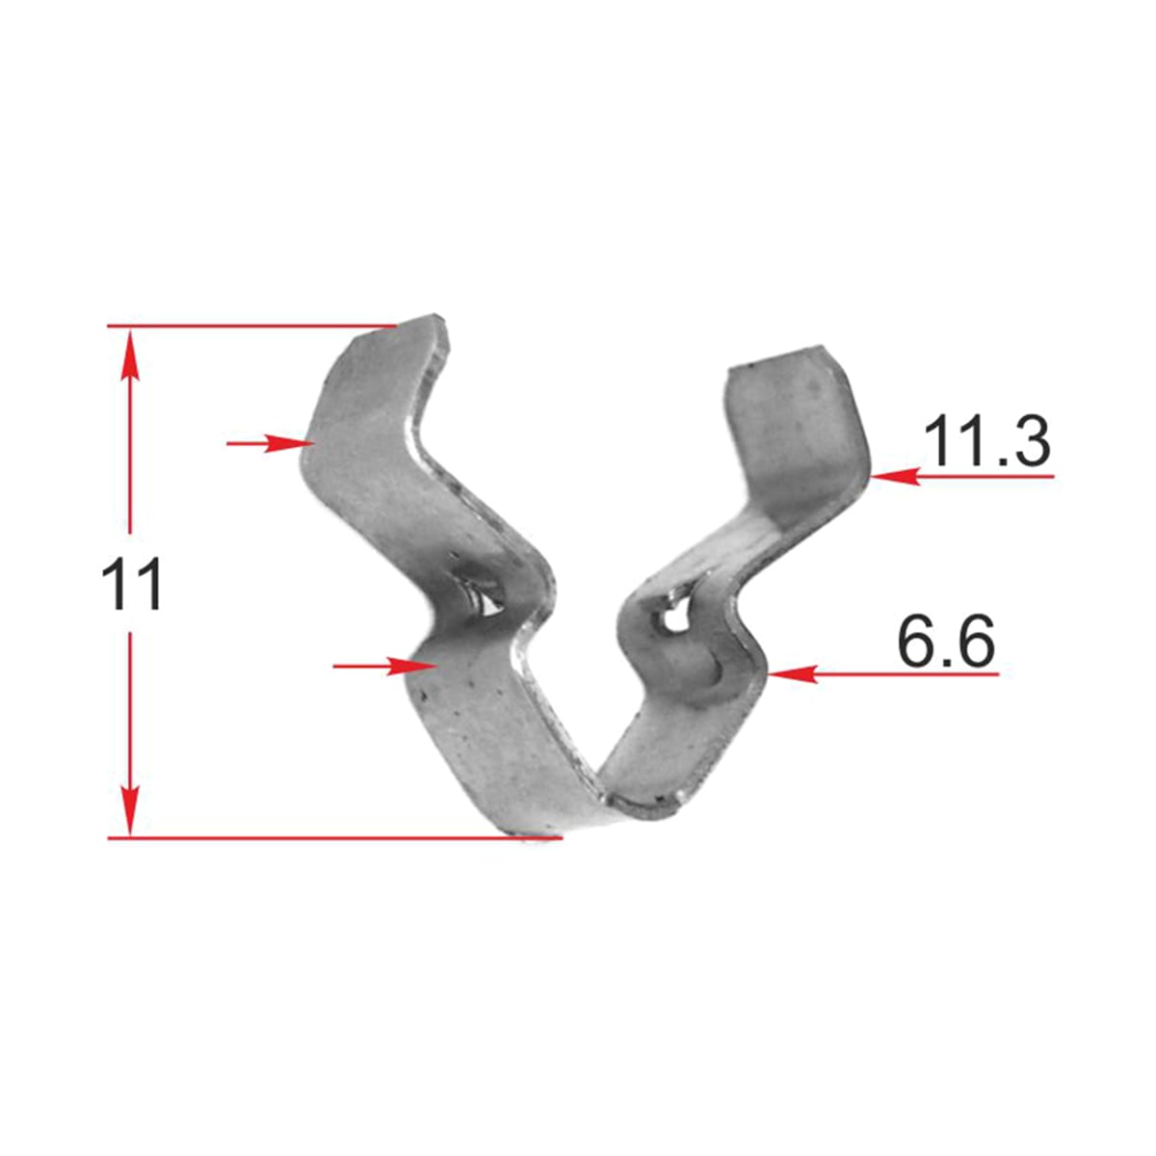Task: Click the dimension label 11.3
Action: pos(986,441)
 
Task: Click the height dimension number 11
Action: pos(132,584)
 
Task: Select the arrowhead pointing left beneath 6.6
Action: pos(793,674)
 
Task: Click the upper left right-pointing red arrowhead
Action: pos(290,443)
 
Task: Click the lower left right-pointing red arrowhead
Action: pos(411,666)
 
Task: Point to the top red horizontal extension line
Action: pos(252,326)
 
